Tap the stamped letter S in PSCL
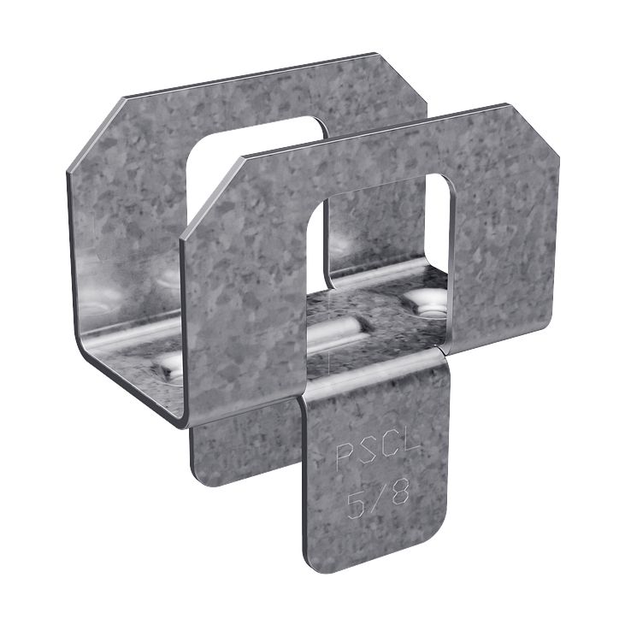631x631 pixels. pos(365,454)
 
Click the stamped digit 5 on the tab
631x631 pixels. pos(353,498)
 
